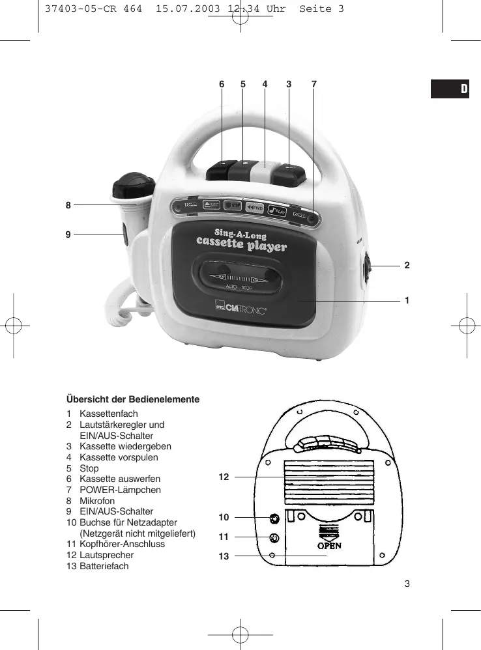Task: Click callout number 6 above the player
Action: tap(222, 84)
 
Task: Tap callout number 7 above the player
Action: tap(313, 84)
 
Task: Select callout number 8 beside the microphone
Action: tap(68, 205)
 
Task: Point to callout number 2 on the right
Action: tap(406, 265)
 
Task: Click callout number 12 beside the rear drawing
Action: tap(224, 477)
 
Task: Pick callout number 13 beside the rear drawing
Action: tap(224, 556)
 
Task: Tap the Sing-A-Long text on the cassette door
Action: tap(241, 233)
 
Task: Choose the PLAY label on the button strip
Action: tap(278, 210)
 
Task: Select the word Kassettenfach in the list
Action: tap(109, 414)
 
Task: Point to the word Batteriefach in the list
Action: tap(104, 566)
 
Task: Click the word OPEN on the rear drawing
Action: tap(329, 545)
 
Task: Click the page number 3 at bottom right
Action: tap(407, 583)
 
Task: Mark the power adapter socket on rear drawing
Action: tap(274, 518)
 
